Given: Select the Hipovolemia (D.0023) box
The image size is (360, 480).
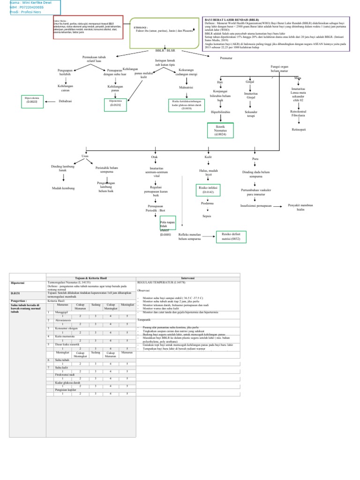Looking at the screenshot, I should tap(32, 101).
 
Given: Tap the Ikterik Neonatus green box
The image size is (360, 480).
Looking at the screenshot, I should tap(220, 130).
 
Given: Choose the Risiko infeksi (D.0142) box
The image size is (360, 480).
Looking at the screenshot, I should tap(208, 189).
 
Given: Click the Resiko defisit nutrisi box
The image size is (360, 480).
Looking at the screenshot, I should tap(231, 236).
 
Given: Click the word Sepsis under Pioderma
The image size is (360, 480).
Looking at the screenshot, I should tap(207, 216).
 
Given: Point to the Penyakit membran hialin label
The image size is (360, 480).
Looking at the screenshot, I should tap(300, 208).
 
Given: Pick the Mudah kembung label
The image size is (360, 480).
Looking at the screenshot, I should tap(63, 188).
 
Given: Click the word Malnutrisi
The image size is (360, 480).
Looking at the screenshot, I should tap(173, 87).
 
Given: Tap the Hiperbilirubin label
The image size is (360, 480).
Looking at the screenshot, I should tap(220, 112).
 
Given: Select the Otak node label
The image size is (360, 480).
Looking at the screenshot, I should tap(154, 157).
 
